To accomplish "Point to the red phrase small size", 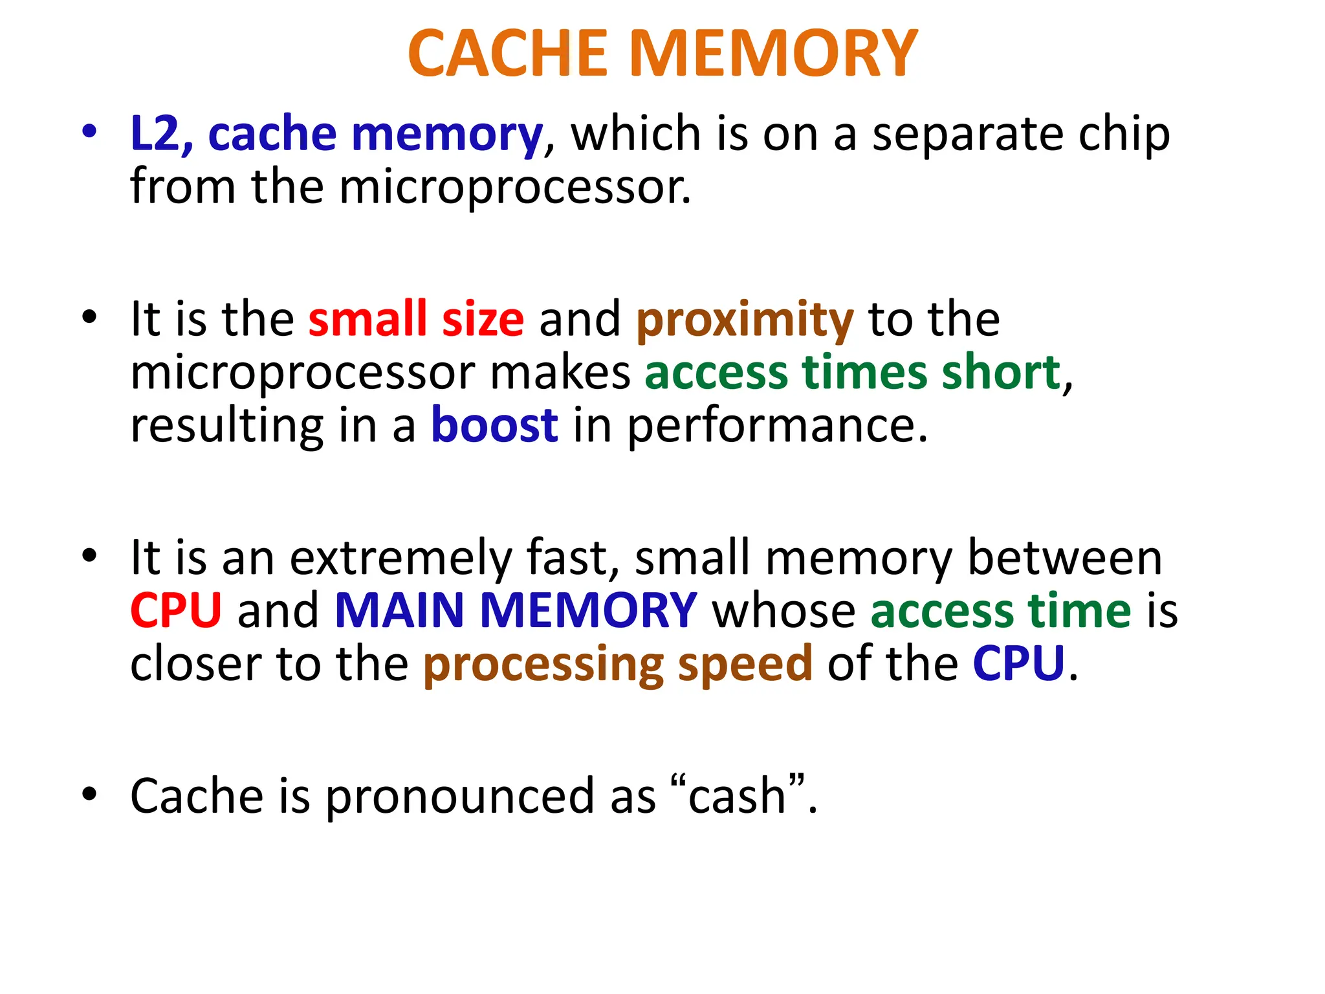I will click(416, 319).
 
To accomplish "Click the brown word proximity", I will click(745, 320).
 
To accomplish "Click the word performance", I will click(777, 427).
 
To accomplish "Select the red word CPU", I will click(176, 610).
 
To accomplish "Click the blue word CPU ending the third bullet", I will click(1018, 663).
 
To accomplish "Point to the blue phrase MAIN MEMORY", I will click(516, 610).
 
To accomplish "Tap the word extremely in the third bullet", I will click(400, 558).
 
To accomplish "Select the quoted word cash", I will click(737, 796).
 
